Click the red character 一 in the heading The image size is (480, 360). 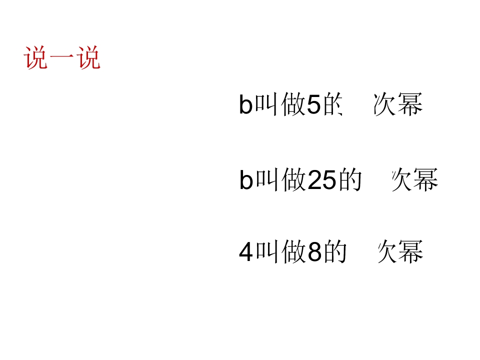pos(62,57)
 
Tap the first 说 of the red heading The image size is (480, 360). pos(36,57)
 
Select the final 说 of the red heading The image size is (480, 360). pos(88,57)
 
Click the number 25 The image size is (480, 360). pos(321,180)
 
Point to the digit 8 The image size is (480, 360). pos(314,252)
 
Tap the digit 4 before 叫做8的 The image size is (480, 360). pos(246,252)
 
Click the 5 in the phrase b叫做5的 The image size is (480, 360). pos(313,104)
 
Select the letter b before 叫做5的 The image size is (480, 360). pos(245,104)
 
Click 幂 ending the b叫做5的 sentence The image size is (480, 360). pos(410,104)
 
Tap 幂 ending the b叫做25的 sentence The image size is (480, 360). pos(425,179)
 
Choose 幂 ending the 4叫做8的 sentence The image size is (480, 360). pos(410,251)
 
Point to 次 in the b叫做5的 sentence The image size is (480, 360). pos(385,104)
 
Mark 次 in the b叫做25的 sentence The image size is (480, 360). pos(402,179)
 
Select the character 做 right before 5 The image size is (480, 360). pos(293,104)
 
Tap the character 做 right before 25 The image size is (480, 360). pos(294,179)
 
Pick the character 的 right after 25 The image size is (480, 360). pos(350,179)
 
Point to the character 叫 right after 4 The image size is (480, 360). pos(267,251)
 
